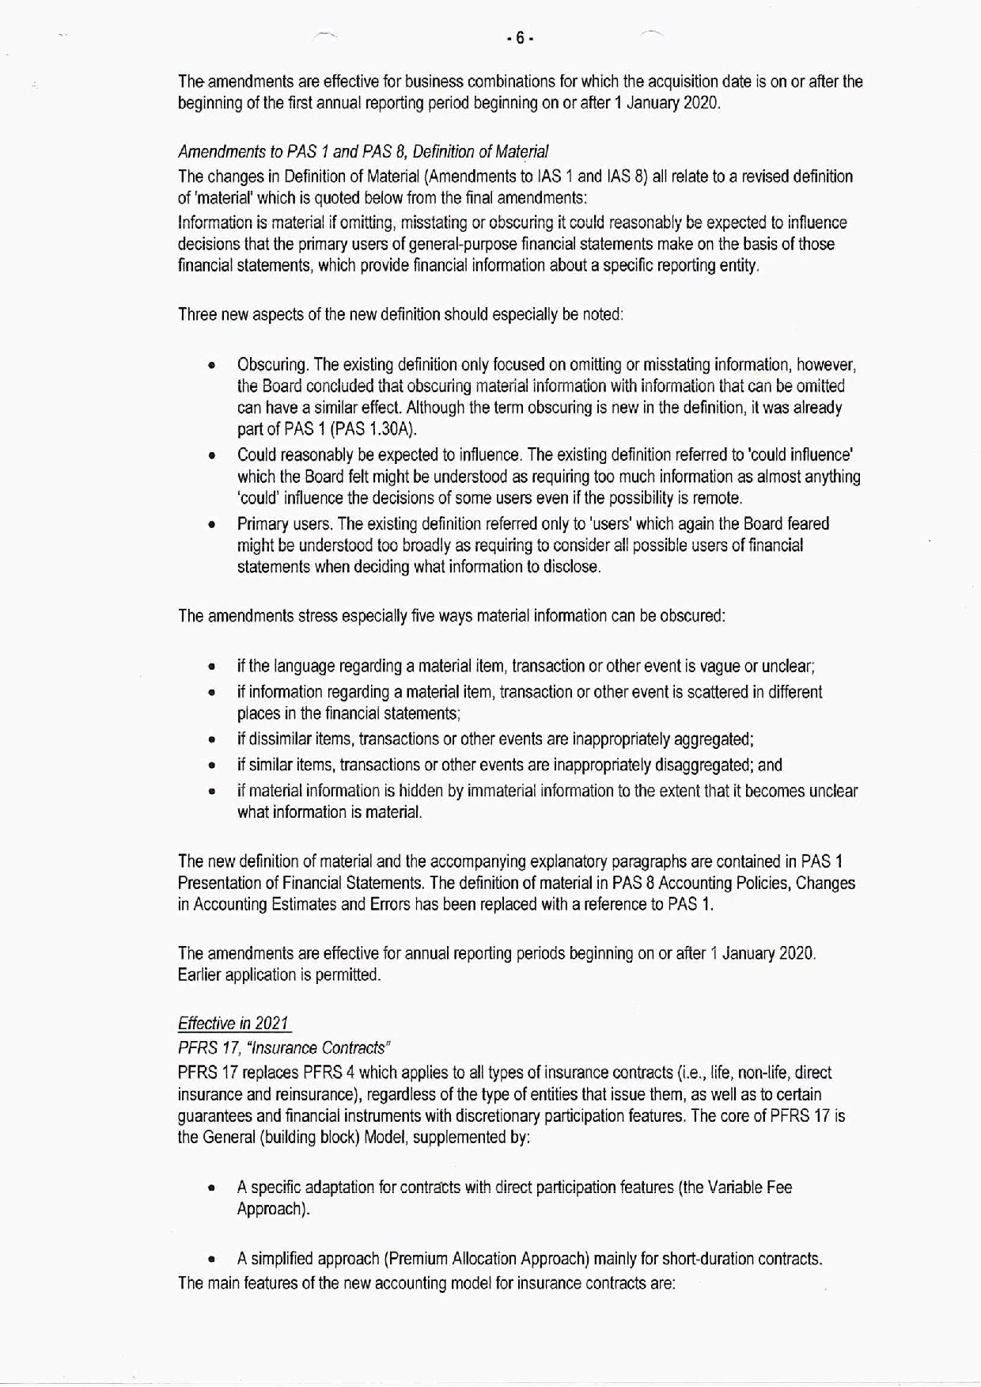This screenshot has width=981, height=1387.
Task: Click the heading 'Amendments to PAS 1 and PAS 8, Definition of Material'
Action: pyautogui.click(x=362, y=151)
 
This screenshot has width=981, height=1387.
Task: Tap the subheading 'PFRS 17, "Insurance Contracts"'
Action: pyautogui.click(x=285, y=1047)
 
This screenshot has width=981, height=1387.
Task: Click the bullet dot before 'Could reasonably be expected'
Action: pyautogui.click(x=211, y=456)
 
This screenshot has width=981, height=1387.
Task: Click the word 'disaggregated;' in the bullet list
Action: pyautogui.click(x=708, y=765)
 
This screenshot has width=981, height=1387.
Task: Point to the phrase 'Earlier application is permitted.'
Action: pyautogui.click(x=279, y=975)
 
